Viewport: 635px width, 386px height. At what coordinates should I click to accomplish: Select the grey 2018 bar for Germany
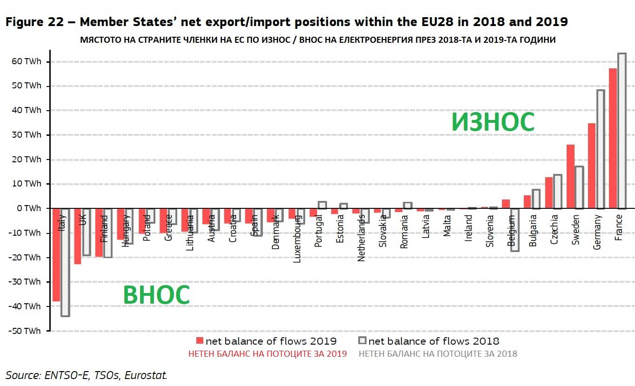coord(601,149)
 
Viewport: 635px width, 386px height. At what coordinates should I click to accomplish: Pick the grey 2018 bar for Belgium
coord(515,230)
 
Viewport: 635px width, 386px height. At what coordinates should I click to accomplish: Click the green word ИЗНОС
coord(493,122)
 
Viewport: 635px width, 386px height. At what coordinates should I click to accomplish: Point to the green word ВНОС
coord(156,295)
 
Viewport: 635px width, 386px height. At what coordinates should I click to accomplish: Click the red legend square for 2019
coord(200,340)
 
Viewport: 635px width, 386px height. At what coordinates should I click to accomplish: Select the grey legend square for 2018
coord(363,340)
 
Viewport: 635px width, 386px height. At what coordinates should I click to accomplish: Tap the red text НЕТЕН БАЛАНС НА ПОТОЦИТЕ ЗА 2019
coord(267,354)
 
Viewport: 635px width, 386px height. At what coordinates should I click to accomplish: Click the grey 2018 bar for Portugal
coord(322,205)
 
